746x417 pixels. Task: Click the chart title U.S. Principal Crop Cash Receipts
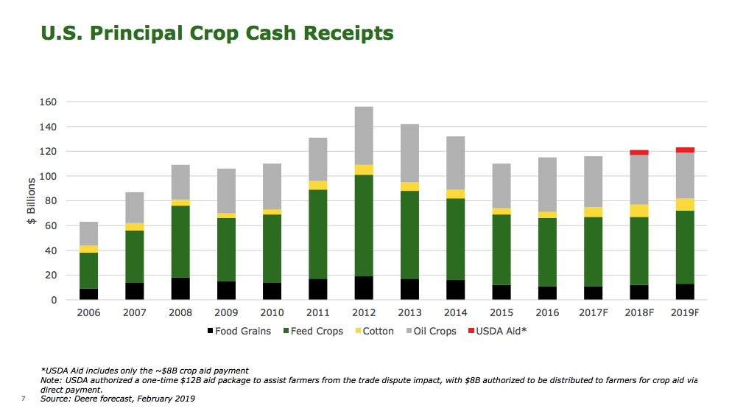coord(217,33)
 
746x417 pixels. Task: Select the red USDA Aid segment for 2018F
coord(639,153)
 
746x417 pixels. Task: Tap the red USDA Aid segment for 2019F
coord(685,150)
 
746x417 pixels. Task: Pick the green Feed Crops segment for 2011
coord(318,234)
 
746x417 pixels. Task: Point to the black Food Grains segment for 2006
coord(89,294)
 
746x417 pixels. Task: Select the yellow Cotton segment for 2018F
coord(639,211)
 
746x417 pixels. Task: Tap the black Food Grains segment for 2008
coord(180,288)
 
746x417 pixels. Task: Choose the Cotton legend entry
coord(373,331)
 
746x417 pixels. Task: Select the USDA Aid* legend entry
coord(498,331)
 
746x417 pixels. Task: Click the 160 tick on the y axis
coord(51,102)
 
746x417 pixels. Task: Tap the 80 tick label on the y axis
coord(53,201)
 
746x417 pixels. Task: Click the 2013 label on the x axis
coord(409,312)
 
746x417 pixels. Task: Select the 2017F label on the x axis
coord(593,312)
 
